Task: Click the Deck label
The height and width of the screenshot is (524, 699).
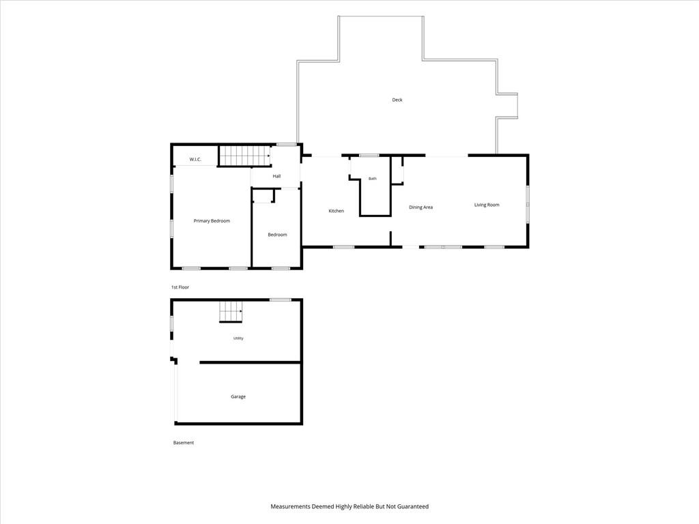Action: pyautogui.click(x=397, y=100)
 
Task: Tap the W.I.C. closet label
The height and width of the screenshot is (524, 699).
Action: pyautogui.click(x=195, y=159)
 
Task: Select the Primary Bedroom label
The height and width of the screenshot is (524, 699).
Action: pyautogui.click(x=212, y=221)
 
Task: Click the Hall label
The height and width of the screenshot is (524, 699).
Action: pyautogui.click(x=276, y=176)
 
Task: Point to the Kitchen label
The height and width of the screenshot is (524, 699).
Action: pyautogui.click(x=336, y=211)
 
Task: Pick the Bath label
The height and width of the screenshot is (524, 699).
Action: pyautogui.click(x=372, y=179)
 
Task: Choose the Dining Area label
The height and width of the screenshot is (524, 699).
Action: pyautogui.click(x=420, y=207)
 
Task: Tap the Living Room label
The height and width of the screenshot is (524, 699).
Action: pyautogui.click(x=487, y=205)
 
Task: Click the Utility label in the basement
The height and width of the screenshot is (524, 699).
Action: pyautogui.click(x=238, y=338)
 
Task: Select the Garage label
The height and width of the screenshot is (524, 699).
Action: pyautogui.click(x=238, y=396)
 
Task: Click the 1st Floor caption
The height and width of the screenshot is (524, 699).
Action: pyautogui.click(x=180, y=287)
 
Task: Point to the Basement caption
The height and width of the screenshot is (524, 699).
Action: pyautogui.click(x=183, y=442)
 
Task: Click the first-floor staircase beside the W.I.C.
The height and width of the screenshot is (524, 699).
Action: pyautogui.click(x=245, y=156)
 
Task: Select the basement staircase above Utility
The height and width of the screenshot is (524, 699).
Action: pyautogui.click(x=231, y=311)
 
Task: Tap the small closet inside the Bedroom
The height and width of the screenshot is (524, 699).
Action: pyautogui.click(x=263, y=196)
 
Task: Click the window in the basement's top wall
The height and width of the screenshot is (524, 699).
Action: pyautogui.click(x=281, y=300)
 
